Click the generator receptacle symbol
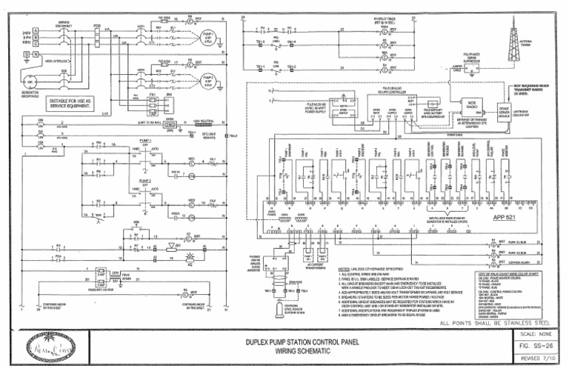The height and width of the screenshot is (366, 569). tap(30, 81)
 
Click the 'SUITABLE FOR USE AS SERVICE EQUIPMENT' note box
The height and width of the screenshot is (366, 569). tap(72, 103)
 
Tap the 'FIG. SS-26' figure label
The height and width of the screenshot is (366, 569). tap(538, 345)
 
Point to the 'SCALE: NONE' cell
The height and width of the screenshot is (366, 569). tap(538, 333)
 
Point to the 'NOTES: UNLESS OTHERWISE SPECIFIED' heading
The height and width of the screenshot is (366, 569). tap(368, 269)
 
